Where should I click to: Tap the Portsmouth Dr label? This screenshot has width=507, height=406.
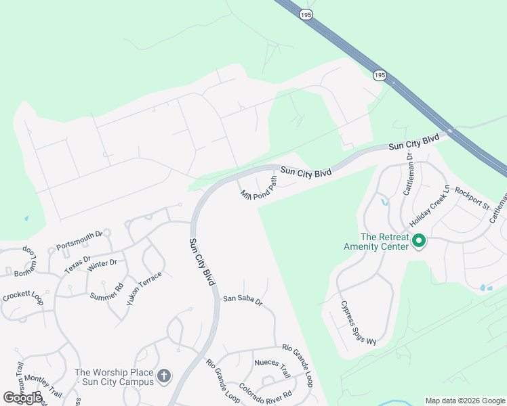[79, 240]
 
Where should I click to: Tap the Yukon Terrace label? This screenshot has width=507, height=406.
[144, 288]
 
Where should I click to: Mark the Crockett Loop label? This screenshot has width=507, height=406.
[22, 298]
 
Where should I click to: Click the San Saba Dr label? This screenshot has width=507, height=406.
[242, 300]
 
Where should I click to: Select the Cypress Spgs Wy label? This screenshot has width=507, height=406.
[358, 323]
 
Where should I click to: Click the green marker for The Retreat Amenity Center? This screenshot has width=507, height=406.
[419, 240]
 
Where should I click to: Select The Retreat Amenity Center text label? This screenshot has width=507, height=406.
[384, 242]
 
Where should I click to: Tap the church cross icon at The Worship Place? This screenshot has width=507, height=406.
[163, 376]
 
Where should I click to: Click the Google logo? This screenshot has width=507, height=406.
[22, 398]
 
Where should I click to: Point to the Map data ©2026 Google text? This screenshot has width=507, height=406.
[465, 401]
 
